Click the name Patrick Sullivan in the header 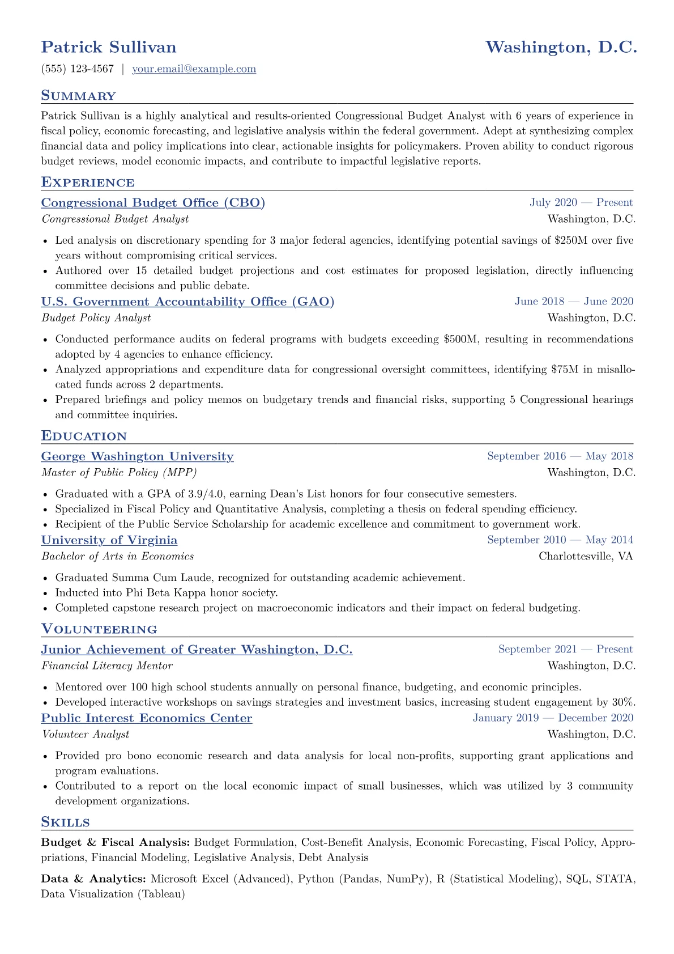109,47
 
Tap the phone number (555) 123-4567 78,69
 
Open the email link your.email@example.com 194,69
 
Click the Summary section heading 78,96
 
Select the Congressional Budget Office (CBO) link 153,203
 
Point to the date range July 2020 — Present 581,203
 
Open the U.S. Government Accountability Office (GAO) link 187,302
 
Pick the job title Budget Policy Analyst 96,318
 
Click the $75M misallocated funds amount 565,370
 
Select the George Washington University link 137,456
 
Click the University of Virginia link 109,540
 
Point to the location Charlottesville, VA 586,556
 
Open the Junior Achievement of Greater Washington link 197,650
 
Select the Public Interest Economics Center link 147,718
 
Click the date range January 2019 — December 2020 553,718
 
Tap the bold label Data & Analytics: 93,879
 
